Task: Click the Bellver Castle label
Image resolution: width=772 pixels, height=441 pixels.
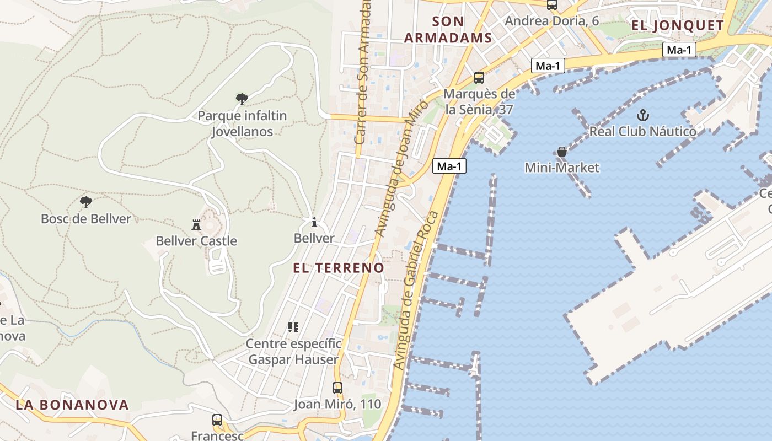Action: tap(196, 241)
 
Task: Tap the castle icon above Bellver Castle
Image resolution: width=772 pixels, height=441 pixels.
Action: tap(196, 225)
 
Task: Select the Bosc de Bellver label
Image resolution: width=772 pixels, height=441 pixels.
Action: tap(86, 219)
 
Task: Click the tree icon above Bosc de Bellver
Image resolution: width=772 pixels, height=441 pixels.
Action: tap(85, 202)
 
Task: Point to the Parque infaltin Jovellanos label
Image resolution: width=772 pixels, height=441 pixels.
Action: tap(242, 123)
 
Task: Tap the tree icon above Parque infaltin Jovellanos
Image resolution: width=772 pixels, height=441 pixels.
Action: tap(242, 99)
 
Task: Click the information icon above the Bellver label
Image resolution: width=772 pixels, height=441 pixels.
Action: tap(314, 222)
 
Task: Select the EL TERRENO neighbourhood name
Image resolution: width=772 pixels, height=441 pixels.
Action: tap(339, 268)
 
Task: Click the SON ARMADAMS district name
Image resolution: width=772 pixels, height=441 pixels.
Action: tap(448, 30)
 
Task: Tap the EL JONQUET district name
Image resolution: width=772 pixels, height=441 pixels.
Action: tap(678, 25)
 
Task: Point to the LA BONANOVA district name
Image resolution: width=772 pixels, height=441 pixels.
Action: tap(72, 405)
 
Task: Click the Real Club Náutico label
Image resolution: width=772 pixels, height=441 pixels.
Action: tap(642, 131)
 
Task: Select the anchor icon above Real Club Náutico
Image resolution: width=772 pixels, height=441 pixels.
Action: tap(642, 115)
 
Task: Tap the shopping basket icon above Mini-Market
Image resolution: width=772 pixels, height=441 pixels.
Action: tap(562, 152)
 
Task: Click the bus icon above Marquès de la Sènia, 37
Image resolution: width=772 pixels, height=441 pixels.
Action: tap(479, 78)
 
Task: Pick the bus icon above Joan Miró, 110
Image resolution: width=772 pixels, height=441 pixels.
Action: tap(337, 388)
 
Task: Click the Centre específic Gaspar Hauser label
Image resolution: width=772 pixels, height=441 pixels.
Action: tap(293, 352)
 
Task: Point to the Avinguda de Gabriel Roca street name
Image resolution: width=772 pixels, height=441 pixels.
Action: tap(416, 289)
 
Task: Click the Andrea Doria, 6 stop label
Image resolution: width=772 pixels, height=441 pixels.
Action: tap(552, 21)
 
